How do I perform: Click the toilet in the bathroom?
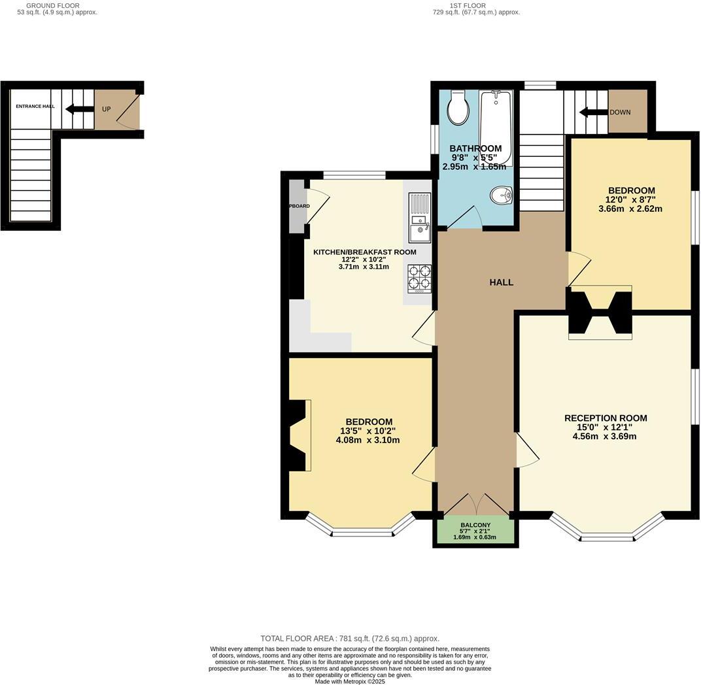coord(458,108)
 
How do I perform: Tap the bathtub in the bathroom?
coord(495,124)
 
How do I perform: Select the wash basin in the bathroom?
coord(502,195)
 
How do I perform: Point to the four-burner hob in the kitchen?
coord(419,278)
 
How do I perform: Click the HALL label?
coord(502,282)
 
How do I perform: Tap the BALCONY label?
coord(475,525)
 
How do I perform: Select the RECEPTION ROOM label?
coord(606,418)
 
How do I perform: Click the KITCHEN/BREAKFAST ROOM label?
coord(364,252)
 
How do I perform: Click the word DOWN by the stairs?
coord(620,112)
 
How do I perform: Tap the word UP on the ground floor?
coord(106,109)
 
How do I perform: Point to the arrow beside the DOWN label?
coord(593,112)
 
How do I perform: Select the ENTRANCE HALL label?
coord(35,106)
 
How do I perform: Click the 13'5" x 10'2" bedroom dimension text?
coord(368,431)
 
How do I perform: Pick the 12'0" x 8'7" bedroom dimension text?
coord(630,200)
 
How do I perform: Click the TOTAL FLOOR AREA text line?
coord(350,639)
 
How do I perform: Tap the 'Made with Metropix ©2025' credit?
coord(350,681)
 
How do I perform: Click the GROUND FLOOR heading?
coord(58,5)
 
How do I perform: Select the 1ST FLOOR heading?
coord(468,5)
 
